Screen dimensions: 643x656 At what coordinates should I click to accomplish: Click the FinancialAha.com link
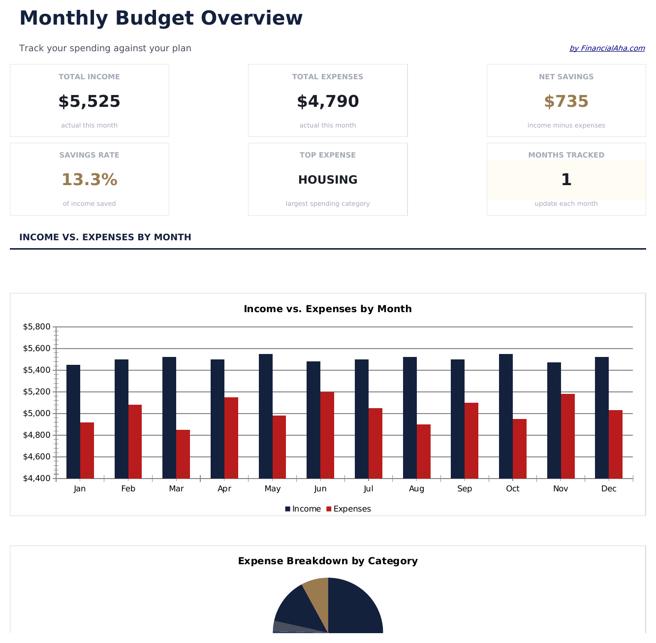click(607, 48)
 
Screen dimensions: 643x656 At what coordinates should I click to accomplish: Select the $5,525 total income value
click(89, 101)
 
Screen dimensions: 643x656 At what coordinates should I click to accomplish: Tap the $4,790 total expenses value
click(328, 101)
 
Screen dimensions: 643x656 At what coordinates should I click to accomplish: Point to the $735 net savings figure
click(566, 101)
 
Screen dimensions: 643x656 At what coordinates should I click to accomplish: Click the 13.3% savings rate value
click(89, 180)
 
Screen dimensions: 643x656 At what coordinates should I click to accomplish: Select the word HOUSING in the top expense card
click(328, 180)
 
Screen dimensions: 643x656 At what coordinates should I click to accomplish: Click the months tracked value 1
click(566, 180)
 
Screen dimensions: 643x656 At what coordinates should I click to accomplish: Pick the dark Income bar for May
click(266, 416)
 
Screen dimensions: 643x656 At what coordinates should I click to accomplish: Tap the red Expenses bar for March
click(183, 454)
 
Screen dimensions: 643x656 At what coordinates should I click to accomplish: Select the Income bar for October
click(506, 416)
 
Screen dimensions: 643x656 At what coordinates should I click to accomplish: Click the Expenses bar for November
click(568, 436)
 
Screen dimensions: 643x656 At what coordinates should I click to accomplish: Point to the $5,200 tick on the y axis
click(37, 392)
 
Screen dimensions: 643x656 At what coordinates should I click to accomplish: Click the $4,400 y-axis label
click(37, 479)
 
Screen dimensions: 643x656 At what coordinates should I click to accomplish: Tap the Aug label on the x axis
click(416, 489)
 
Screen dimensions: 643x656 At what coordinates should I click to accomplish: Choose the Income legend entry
click(303, 509)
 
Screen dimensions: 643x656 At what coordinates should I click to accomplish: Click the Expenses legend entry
click(349, 509)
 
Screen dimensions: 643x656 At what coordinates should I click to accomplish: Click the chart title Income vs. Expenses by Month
click(328, 309)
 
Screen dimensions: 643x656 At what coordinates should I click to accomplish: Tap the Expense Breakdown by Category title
click(328, 561)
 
